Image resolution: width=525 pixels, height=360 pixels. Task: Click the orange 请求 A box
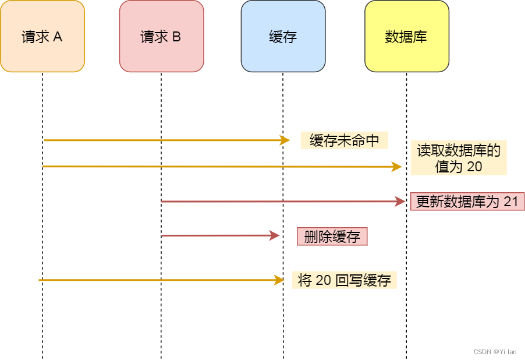(x=42, y=36)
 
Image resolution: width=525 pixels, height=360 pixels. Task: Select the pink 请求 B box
(x=161, y=36)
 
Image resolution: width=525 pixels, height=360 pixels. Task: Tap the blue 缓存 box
(x=283, y=36)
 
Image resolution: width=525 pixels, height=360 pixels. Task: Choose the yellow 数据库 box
(x=406, y=36)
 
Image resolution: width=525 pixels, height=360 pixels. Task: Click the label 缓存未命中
(x=344, y=140)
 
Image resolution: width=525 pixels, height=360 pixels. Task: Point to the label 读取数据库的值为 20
(x=459, y=158)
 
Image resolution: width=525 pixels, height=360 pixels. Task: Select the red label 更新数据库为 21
(x=467, y=202)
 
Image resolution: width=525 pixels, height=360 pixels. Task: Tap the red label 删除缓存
(x=332, y=237)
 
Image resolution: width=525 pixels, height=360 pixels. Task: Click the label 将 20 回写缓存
(x=344, y=280)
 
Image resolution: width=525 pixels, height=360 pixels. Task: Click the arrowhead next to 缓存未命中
(x=285, y=140)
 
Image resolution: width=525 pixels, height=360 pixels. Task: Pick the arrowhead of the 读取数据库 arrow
(x=397, y=167)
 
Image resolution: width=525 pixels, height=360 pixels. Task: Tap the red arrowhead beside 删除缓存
(x=275, y=236)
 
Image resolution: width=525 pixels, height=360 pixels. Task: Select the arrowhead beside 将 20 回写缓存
(x=279, y=280)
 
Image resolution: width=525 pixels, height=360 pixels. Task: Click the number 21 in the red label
(x=510, y=202)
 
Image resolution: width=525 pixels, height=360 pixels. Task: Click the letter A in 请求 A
(x=58, y=37)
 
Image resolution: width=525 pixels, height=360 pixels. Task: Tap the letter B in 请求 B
(x=176, y=37)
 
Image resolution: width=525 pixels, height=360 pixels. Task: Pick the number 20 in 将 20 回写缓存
(x=323, y=280)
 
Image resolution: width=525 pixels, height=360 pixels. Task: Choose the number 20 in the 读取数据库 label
(x=474, y=167)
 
